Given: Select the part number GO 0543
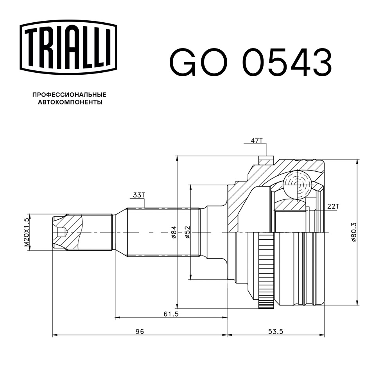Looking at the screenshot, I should (250, 62).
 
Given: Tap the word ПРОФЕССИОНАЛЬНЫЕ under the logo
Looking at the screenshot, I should (69, 95).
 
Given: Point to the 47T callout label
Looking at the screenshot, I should (256, 140).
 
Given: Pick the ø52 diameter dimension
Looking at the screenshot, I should (187, 233).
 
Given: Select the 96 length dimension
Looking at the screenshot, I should (140, 331).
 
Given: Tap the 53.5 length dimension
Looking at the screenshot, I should (275, 331).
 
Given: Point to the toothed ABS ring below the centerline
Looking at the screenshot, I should (266, 270).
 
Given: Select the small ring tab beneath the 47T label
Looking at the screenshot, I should (266, 160).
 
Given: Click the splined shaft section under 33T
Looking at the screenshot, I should (163, 232).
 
